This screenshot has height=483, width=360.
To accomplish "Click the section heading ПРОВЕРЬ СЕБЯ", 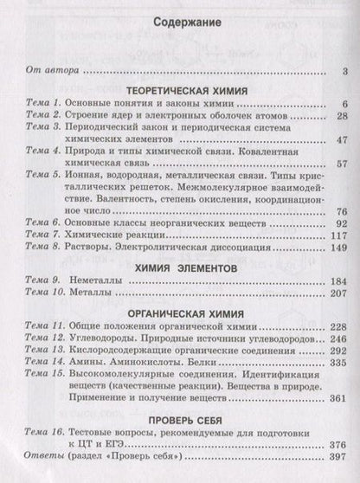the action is [x=180, y=421].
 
